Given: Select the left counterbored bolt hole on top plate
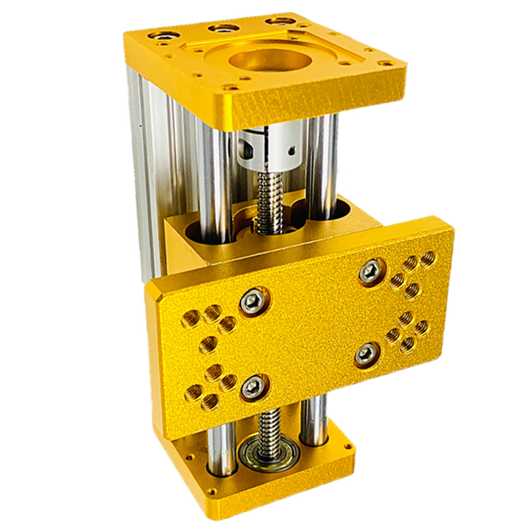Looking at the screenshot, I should (162, 35).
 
